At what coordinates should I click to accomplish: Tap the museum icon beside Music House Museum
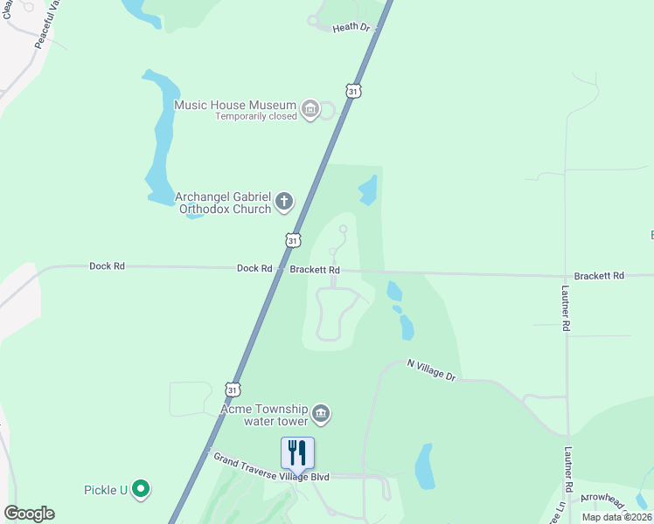point(309,109)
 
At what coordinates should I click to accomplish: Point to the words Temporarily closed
point(257,117)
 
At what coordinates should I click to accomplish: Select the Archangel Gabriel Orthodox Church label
point(223,203)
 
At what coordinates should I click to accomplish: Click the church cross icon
point(283,203)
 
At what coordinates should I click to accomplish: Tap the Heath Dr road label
point(352,28)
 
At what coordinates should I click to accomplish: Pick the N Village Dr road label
point(432,371)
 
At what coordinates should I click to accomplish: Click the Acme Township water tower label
point(264,414)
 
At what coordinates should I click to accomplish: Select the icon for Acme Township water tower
point(321,413)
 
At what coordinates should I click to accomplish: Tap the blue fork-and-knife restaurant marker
point(297,453)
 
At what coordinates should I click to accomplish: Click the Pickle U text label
point(106,490)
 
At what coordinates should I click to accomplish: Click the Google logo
point(29,514)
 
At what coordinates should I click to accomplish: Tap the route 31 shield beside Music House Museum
point(352,91)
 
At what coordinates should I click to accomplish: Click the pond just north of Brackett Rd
point(368,189)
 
